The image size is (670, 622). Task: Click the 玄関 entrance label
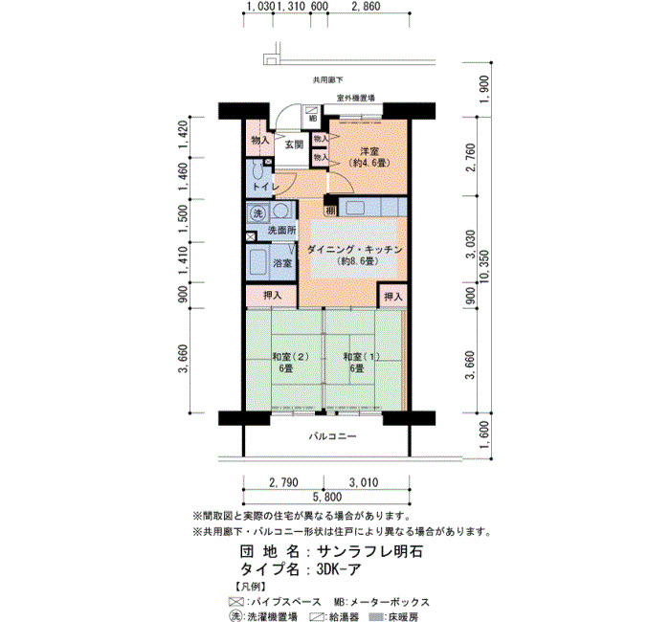click(294, 144)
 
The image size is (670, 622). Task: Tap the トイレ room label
click(265, 187)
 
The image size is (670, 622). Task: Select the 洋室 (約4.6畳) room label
click(369, 157)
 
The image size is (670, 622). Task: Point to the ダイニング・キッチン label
click(355, 250)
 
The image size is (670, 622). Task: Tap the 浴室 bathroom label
click(282, 262)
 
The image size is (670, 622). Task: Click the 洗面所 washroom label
click(281, 231)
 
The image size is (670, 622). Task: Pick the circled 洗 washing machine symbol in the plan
click(258, 213)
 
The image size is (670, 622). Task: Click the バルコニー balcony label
click(332, 436)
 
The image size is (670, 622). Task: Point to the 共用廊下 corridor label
click(327, 79)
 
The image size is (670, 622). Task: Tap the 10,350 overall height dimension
click(485, 267)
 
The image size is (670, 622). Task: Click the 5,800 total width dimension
click(327, 497)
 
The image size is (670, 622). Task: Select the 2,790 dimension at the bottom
click(283, 482)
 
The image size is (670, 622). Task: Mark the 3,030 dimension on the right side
click(471, 244)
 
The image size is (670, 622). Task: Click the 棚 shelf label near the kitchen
click(331, 211)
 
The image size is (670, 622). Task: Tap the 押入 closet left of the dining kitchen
click(272, 295)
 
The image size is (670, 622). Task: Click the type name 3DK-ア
click(339, 570)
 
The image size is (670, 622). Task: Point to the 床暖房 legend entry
click(393, 616)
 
